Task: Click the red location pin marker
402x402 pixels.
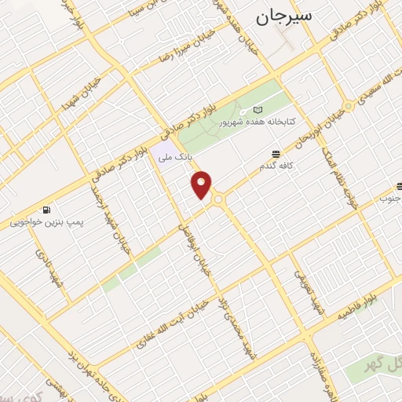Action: click(x=203, y=185)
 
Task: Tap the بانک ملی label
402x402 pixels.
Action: click(x=175, y=158)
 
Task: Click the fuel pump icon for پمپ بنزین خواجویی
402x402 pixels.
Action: click(x=47, y=210)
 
